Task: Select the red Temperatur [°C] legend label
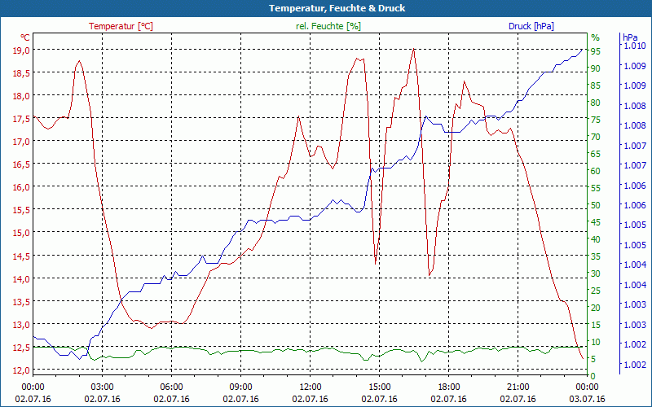pos(121,26)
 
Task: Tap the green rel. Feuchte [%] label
pos(328,26)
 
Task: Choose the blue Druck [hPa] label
pos(531,26)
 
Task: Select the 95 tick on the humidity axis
pos(596,50)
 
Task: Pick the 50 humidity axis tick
pos(596,205)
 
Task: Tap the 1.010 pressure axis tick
pos(635,46)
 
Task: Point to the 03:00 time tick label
pos(102,387)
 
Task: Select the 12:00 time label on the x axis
pos(310,387)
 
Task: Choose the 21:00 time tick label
pos(518,387)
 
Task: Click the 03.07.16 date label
pos(587,399)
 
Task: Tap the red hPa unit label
pos(629,37)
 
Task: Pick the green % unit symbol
pos(595,37)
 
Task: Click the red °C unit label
pos(25,37)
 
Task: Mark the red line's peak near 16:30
pos(414,49)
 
